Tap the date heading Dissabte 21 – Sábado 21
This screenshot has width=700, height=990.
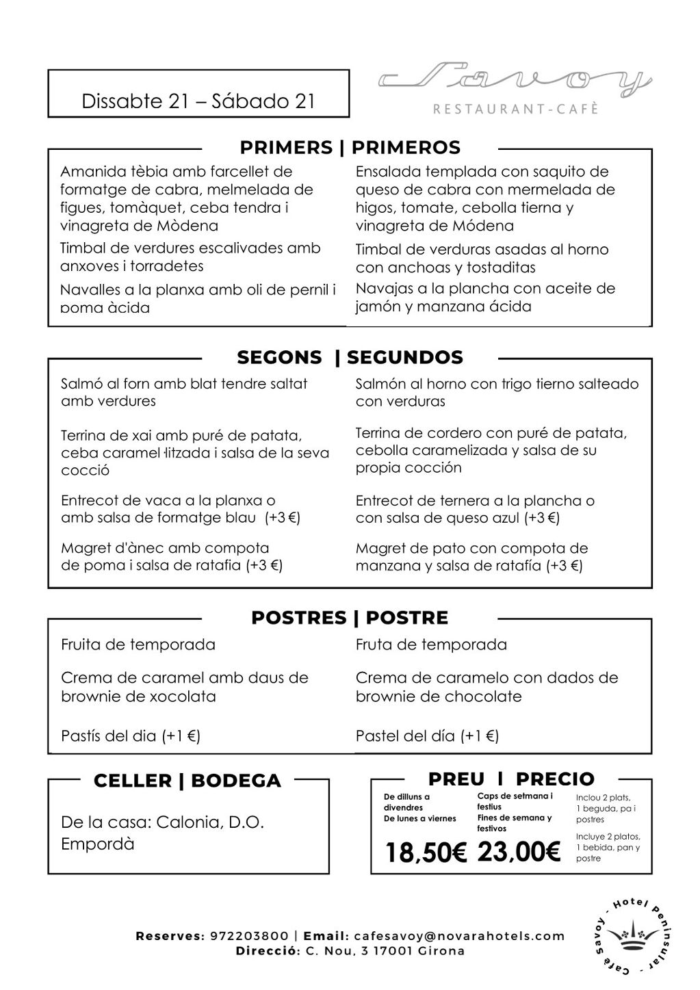pyautogui.click(x=198, y=101)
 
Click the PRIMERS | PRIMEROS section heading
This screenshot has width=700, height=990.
pyautogui.click(x=350, y=148)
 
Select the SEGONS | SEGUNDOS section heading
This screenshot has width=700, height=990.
pyautogui.click(x=350, y=357)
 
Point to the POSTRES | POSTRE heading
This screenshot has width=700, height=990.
pyautogui.click(x=350, y=618)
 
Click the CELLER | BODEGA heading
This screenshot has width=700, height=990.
pyautogui.click(x=187, y=781)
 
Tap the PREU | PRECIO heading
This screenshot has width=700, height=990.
pyautogui.click(x=511, y=779)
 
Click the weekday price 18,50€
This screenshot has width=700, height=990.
pyautogui.click(x=425, y=852)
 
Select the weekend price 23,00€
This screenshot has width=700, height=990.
pyautogui.click(x=519, y=852)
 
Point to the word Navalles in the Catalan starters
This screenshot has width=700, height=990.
pyautogui.click(x=88, y=289)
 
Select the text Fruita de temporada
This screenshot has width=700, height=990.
pyautogui.click(x=138, y=644)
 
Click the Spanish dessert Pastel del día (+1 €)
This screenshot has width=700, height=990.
pyautogui.click(x=427, y=736)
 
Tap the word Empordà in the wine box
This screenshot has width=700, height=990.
pyautogui.click(x=98, y=844)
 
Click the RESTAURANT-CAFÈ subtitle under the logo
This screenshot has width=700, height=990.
pyautogui.click(x=516, y=109)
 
